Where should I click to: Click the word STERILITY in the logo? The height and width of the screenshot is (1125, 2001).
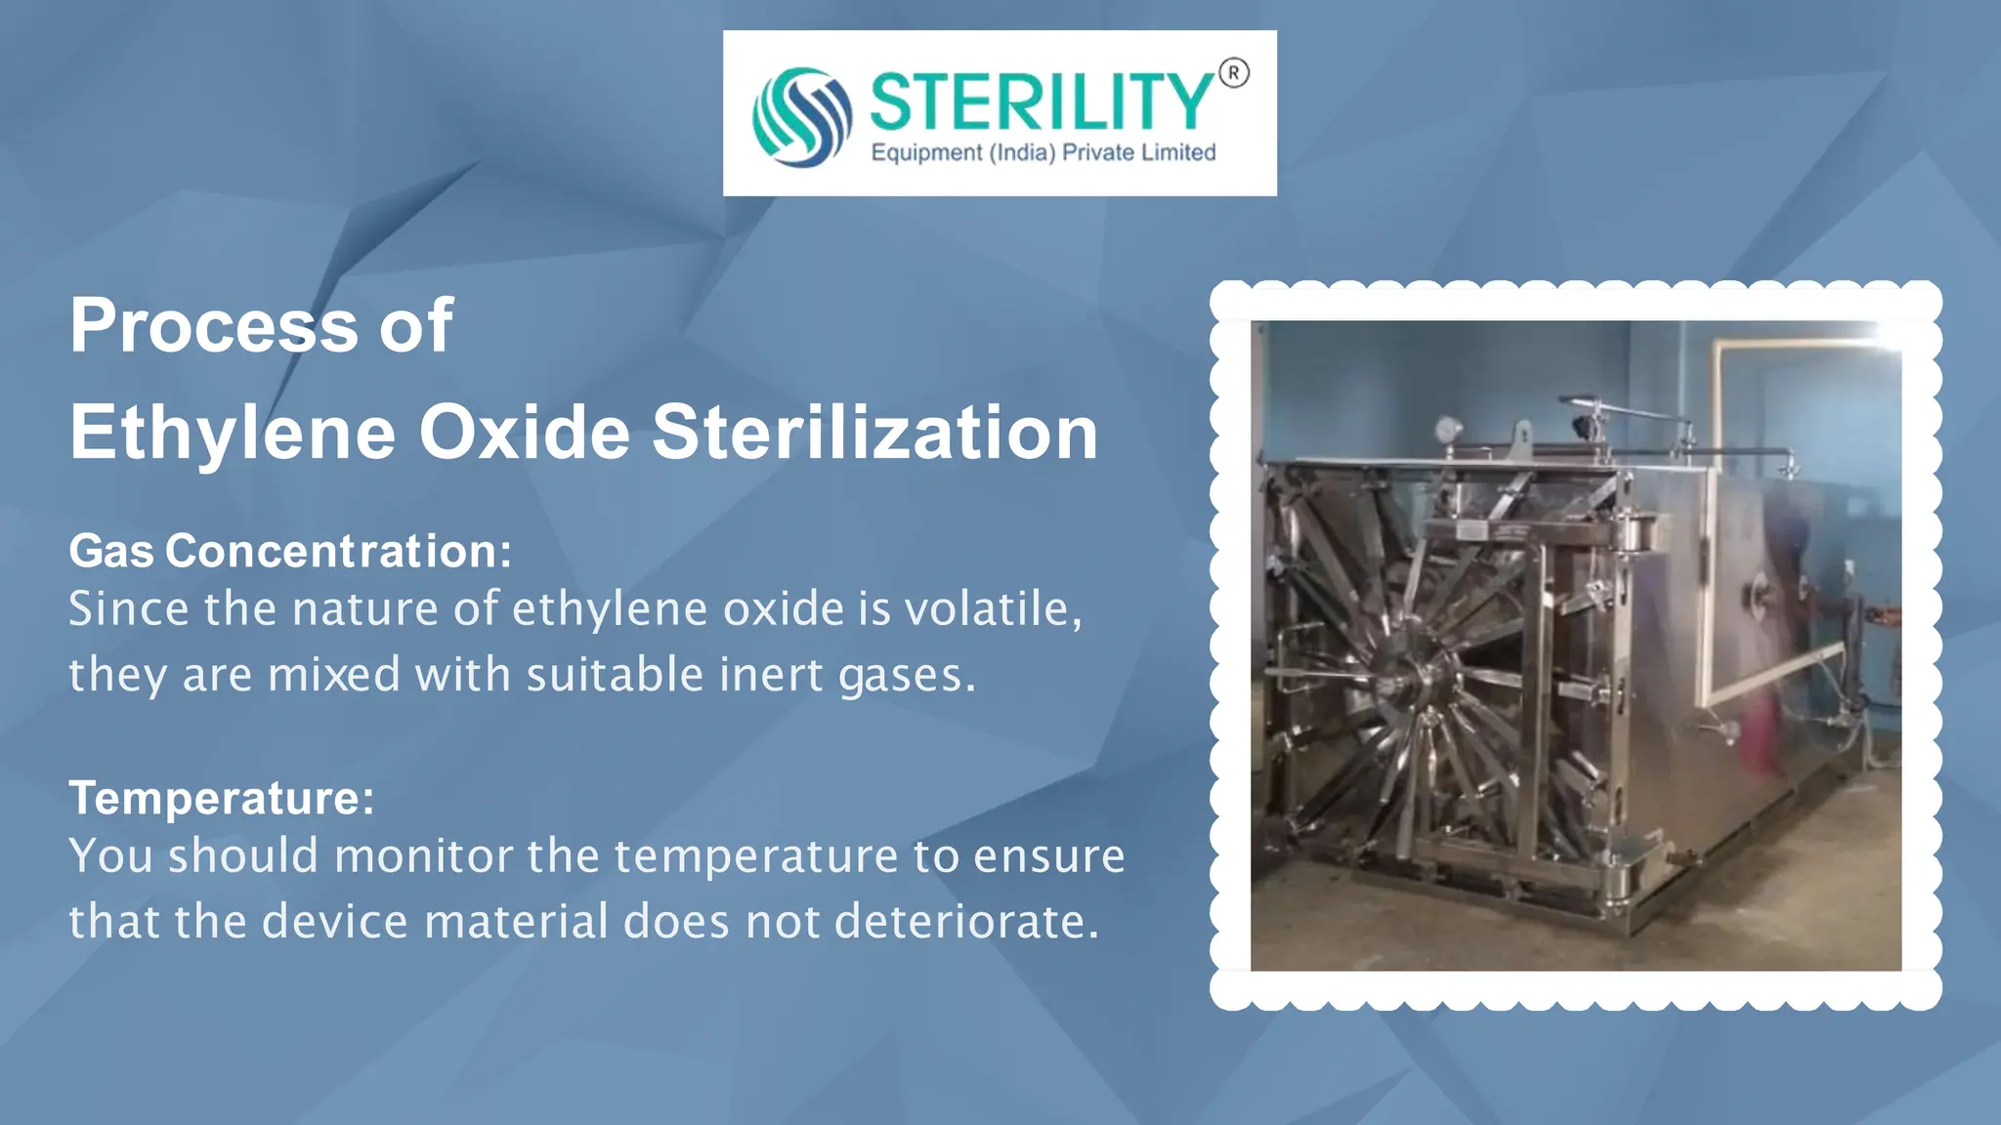(x=1042, y=102)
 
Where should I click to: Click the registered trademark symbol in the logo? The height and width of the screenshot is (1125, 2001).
(x=1234, y=73)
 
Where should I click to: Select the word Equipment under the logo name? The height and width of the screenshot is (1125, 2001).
(x=926, y=153)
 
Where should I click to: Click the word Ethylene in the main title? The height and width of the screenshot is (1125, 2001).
(x=233, y=433)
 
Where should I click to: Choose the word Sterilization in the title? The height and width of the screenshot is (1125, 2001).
(x=875, y=433)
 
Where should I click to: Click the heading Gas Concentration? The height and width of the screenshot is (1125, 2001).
(x=290, y=551)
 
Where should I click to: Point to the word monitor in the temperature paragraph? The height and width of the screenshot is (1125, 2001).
(x=423, y=856)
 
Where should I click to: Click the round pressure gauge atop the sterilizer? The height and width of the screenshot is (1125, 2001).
(x=1448, y=430)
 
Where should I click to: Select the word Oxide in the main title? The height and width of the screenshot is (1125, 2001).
(x=525, y=433)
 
